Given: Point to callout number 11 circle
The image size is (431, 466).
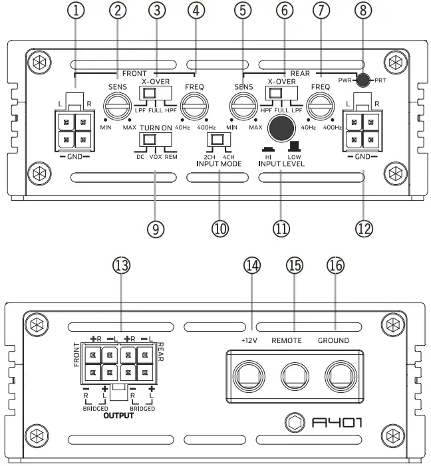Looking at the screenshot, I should point(281,229).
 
